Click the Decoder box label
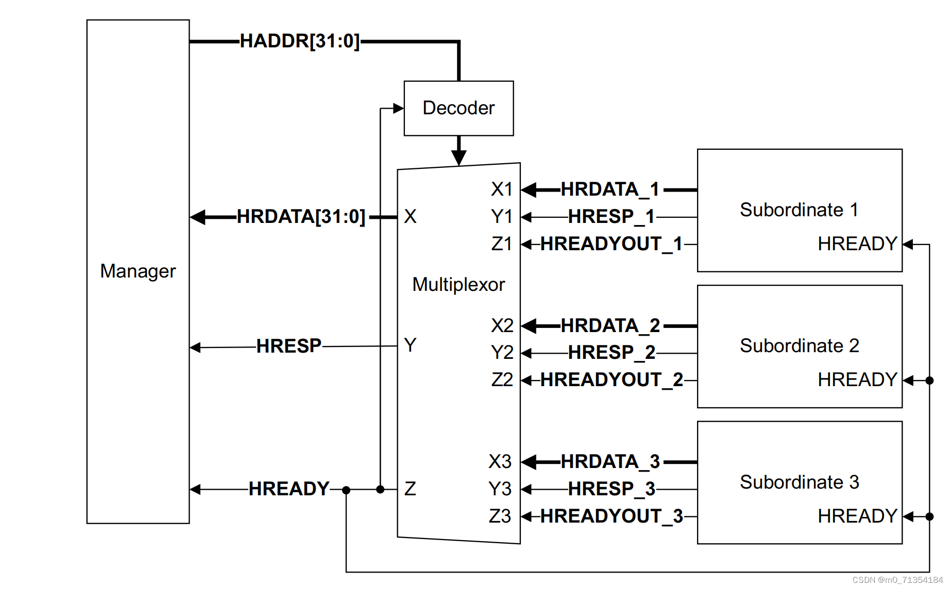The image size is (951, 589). (x=458, y=108)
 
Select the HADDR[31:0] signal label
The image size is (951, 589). (x=299, y=41)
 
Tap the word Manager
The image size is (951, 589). (x=138, y=271)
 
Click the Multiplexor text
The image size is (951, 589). (x=458, y=284)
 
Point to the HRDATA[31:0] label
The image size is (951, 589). (x=301, y=217)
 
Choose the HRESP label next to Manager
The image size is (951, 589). (x=288, y=346)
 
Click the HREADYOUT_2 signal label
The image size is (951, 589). (x=611, y=380)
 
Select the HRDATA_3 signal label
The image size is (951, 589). (x=610, y=462)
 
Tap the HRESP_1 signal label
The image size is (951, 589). (x=611, y=217)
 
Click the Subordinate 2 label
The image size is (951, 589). (x=799, y=345)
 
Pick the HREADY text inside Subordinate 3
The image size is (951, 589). (x=857, y=516)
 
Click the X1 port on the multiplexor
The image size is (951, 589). (x=501, y=189)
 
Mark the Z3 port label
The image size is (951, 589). (x=500, y=516)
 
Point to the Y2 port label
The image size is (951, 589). (x=502, y=353)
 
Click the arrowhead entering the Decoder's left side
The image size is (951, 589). (x=398, y=108)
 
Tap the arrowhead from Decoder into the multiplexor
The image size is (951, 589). (x=458, y=158)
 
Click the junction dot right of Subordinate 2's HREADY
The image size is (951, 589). (x=929, y=380)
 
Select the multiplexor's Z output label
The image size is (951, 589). (x=410, y=489)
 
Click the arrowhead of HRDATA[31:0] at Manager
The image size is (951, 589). (x=198, y=217)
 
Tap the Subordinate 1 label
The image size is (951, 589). (x=799, y=210)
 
